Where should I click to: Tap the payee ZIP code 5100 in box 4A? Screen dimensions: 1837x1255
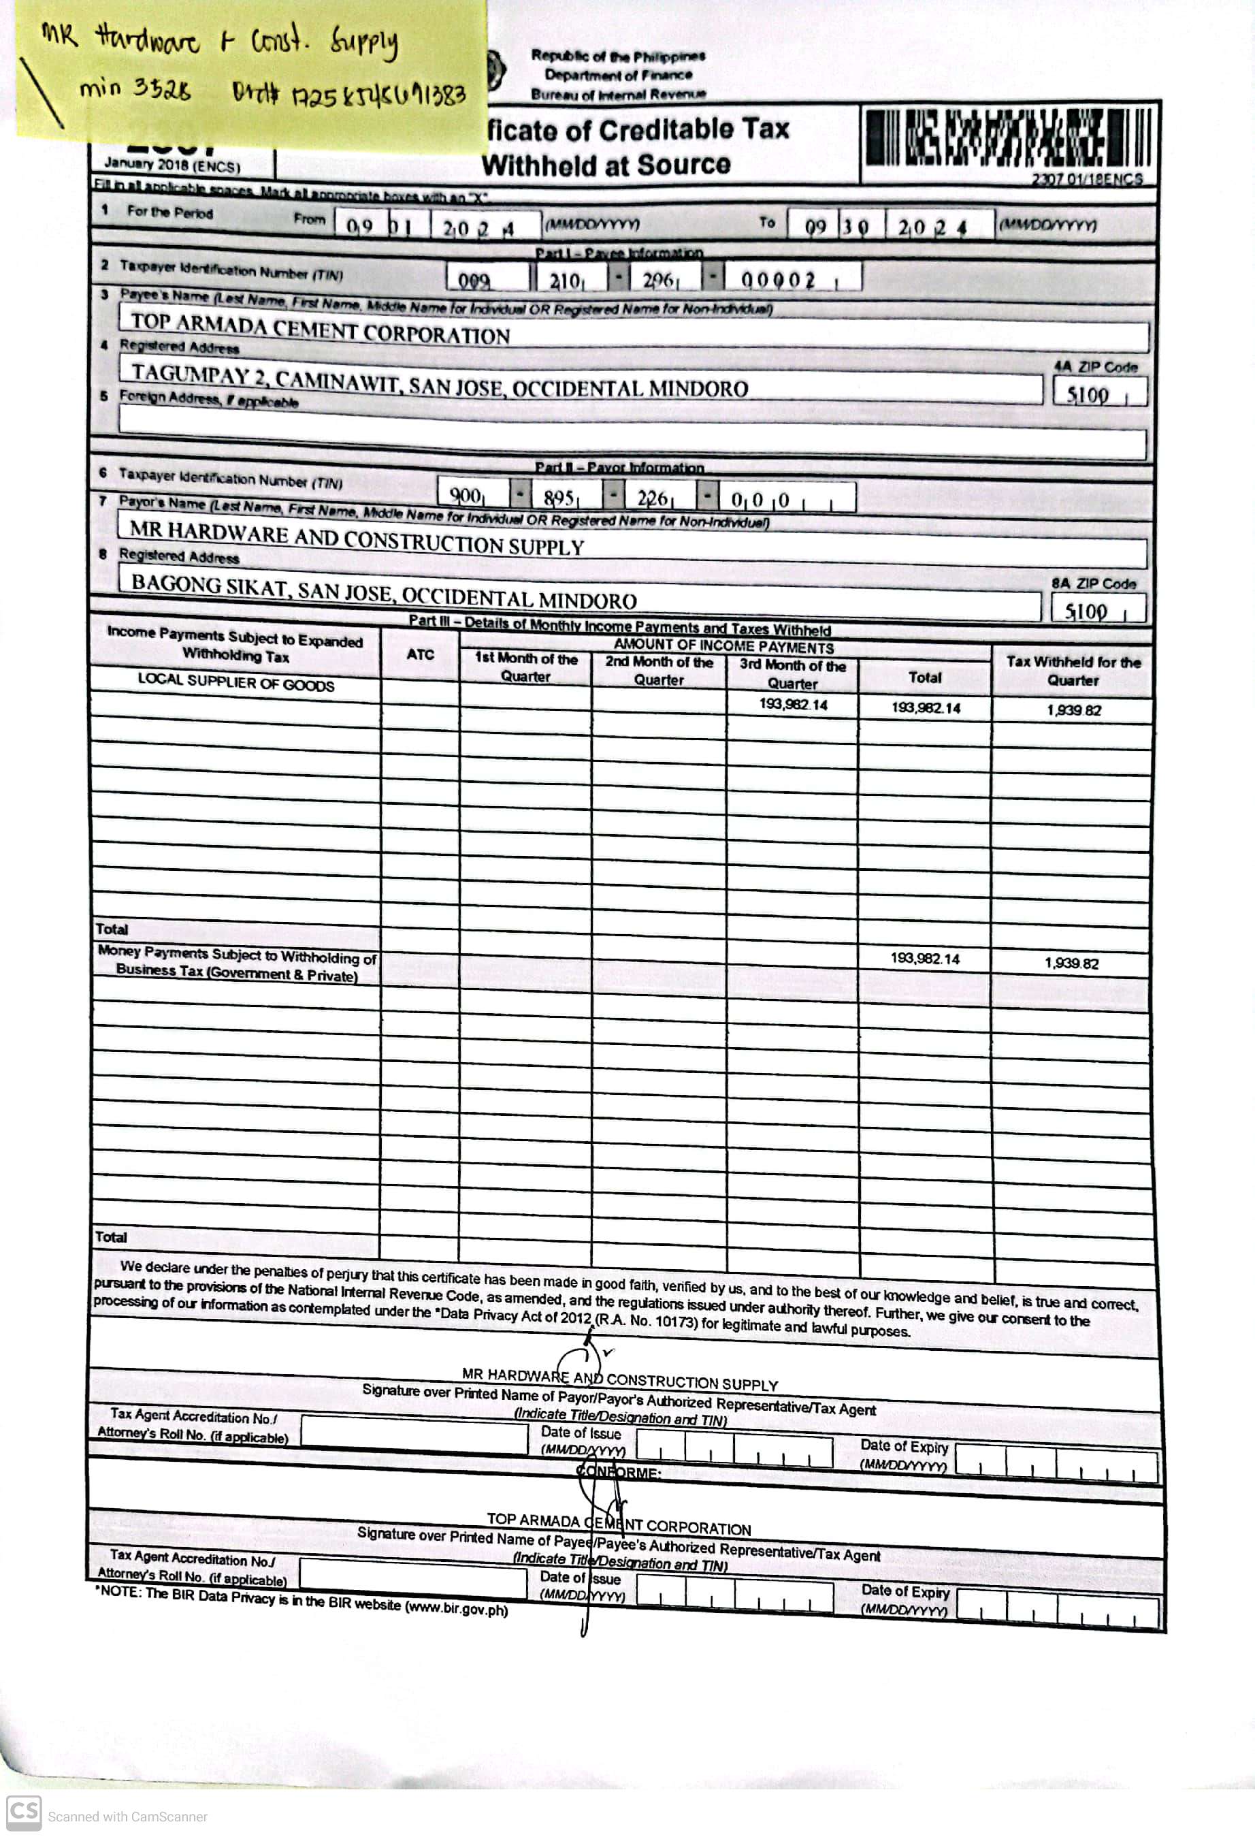(x=1089, y=394)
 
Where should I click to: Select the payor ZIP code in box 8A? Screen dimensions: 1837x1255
(x=1087, y=611)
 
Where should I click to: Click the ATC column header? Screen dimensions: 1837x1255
(x=420, y=654)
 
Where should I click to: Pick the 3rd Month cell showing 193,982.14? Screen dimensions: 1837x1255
(x=793, y=704)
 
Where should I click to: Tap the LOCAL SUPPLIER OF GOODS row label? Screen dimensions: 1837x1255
(x=235, y=683)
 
